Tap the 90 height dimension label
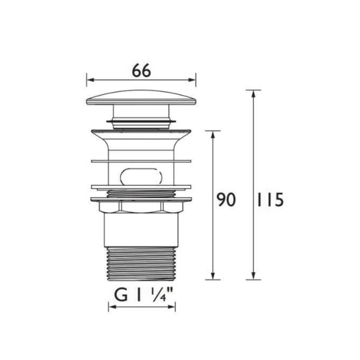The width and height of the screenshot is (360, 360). [226, 200]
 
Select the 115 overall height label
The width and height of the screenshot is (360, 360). [270, 200]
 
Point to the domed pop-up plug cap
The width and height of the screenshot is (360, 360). [141, 98]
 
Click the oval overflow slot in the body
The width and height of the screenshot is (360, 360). [141, 177]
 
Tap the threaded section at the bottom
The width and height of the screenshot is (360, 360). [141, 264]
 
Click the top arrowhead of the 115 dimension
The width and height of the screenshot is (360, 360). [253, 94]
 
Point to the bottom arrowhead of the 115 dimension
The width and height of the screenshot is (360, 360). [253, 276]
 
